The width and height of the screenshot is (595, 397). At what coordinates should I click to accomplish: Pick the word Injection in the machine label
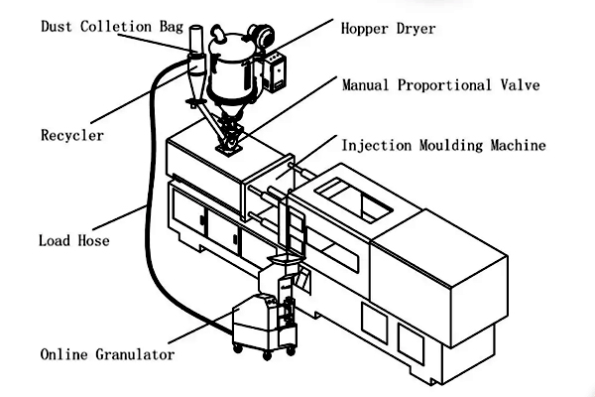[378, 145]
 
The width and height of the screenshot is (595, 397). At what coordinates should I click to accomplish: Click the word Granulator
[135, 353]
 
